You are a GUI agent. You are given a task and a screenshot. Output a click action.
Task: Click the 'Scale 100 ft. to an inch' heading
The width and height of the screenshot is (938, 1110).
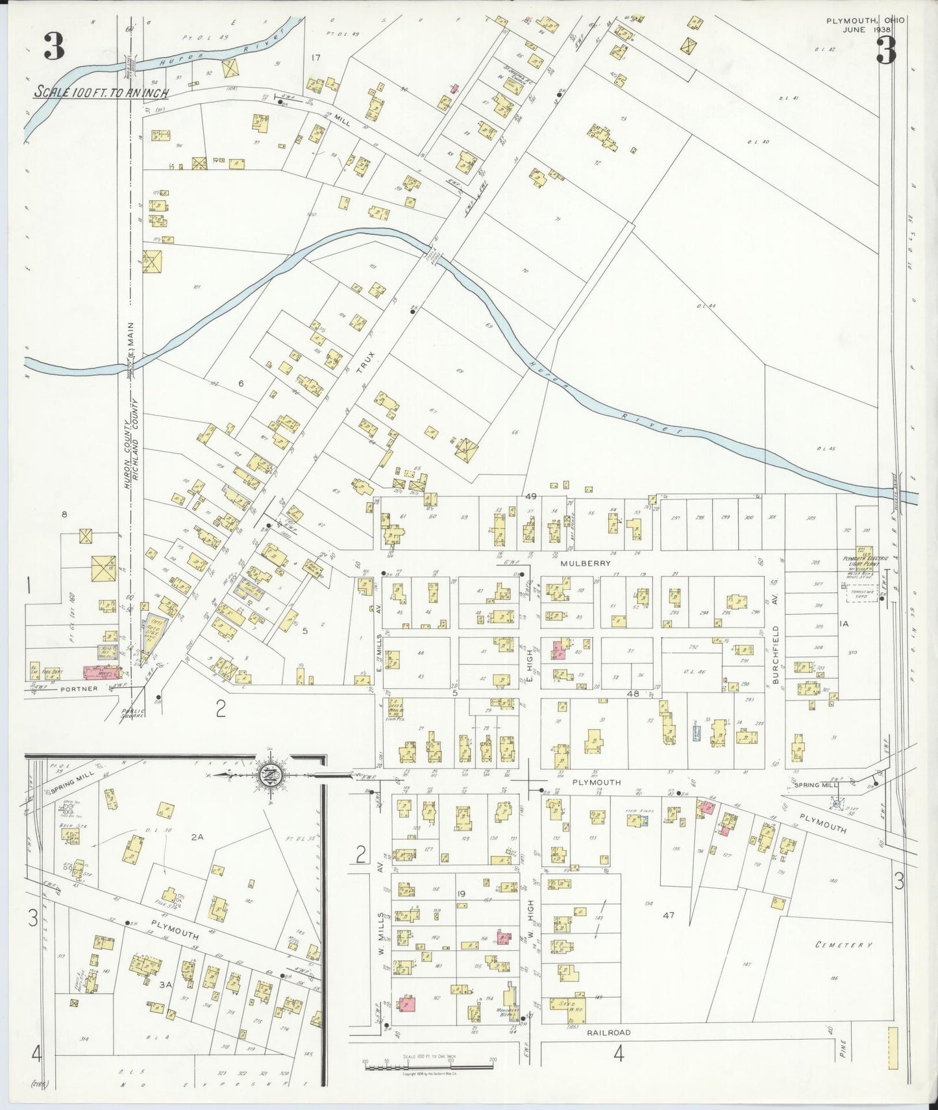click(x=101, y=92)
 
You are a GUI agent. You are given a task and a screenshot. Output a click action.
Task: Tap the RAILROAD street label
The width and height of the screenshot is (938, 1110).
click(x=608, y=1032)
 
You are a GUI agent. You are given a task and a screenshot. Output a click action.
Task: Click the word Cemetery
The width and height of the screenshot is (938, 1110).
click(x=843, y=945)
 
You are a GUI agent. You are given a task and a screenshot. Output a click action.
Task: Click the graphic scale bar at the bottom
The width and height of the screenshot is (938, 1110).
click(x=428, y=1065)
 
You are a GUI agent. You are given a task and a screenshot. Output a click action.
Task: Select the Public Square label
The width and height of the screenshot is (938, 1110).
click(x=134, y=713)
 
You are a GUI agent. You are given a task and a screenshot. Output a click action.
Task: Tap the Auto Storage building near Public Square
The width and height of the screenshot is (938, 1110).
click(x=153, y=634)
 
